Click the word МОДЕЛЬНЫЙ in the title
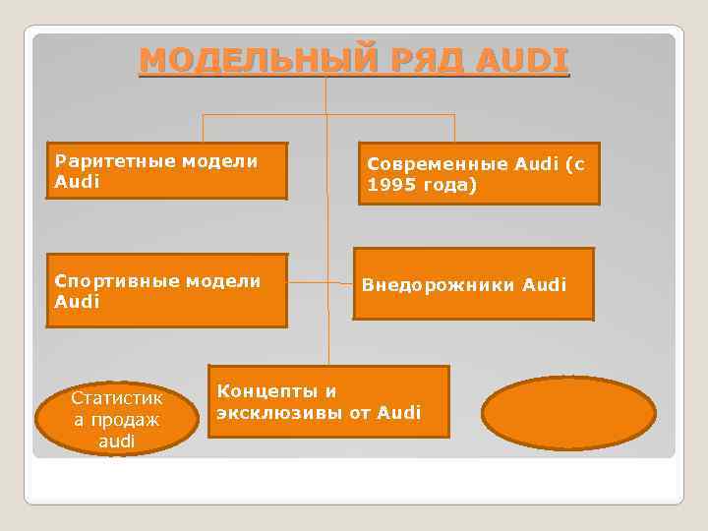point(252,61)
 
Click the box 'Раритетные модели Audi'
point(167,171)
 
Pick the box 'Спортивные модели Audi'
point(167,291)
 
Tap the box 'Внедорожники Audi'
point(474,284)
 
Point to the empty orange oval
point(568,413)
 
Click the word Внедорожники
point(439,285)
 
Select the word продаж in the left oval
point(117,420)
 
